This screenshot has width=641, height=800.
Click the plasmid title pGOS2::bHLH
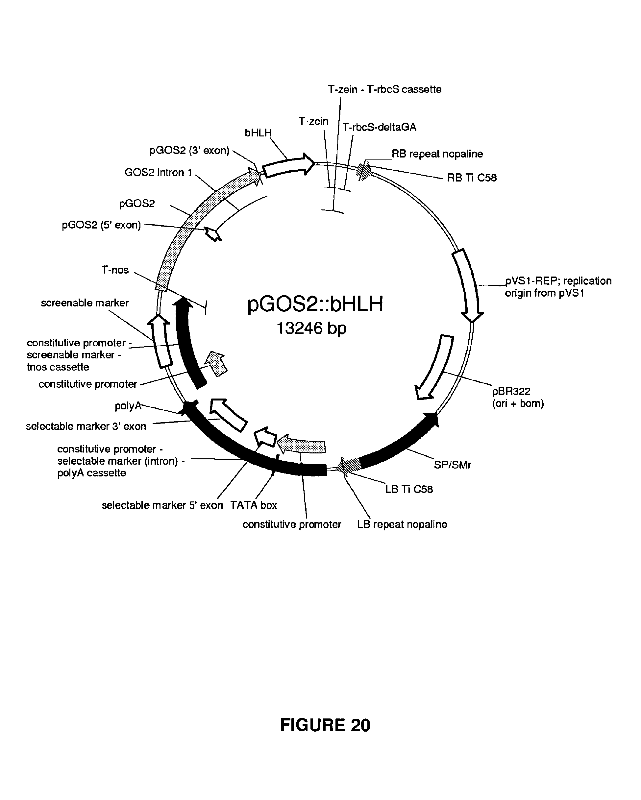[x=315, y=304]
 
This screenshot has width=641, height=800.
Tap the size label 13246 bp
[x=311, y=328]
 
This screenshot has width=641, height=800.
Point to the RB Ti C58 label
[x=471, y=178]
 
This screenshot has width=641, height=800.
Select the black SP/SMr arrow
[x=401, y=444]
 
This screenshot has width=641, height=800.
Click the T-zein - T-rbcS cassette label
[x=384, y=89]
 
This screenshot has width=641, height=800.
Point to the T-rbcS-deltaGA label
[x=379, y=127]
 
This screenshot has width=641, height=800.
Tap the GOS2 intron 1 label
[x=158, y=173]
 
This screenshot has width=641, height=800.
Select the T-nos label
[x=115, y=270]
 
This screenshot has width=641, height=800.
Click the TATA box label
[x=254, y=505]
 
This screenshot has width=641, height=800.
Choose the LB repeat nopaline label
[x=402, y=524]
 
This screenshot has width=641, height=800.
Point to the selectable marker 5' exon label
[x=162, y=505]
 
